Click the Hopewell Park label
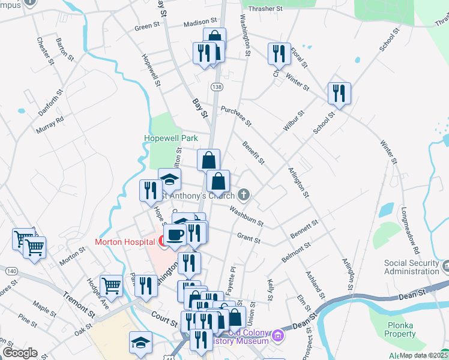point(171,138)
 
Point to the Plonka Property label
point(400,329)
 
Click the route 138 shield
point(216,88)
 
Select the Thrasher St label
point(265,9)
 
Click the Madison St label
point(199,23)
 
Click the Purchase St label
point(235,116)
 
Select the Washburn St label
point(246,217)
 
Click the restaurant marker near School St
point(339,93)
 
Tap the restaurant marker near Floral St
point(279,53)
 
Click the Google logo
point(20,353)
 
